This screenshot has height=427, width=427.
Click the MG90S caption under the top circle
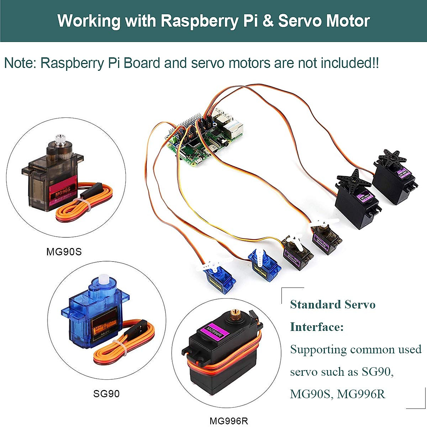64,252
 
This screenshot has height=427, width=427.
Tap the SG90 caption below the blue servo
106,394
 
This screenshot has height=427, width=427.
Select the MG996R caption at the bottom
228,421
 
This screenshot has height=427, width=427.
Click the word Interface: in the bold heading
317,327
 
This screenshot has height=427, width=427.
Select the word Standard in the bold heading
311,304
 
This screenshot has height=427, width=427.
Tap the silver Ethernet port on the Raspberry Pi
235,130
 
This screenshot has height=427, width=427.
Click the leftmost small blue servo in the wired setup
220,279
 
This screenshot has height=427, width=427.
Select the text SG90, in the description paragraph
378,372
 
